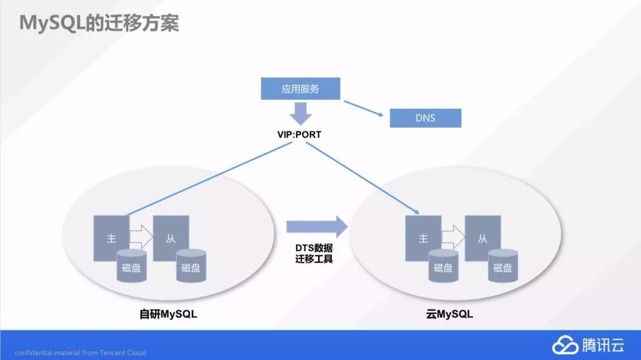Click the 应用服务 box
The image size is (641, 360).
(x=300, y=89)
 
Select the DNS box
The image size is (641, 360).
(x=425, y=117)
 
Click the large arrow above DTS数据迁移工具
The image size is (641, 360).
(x=316, y=226)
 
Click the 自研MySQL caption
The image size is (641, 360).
(x=164, y=314)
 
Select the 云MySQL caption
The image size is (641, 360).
(x=449, y=314)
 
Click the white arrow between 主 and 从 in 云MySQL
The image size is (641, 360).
(x=453, y=237)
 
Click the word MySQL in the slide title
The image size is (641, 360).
(x=50, y=23)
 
